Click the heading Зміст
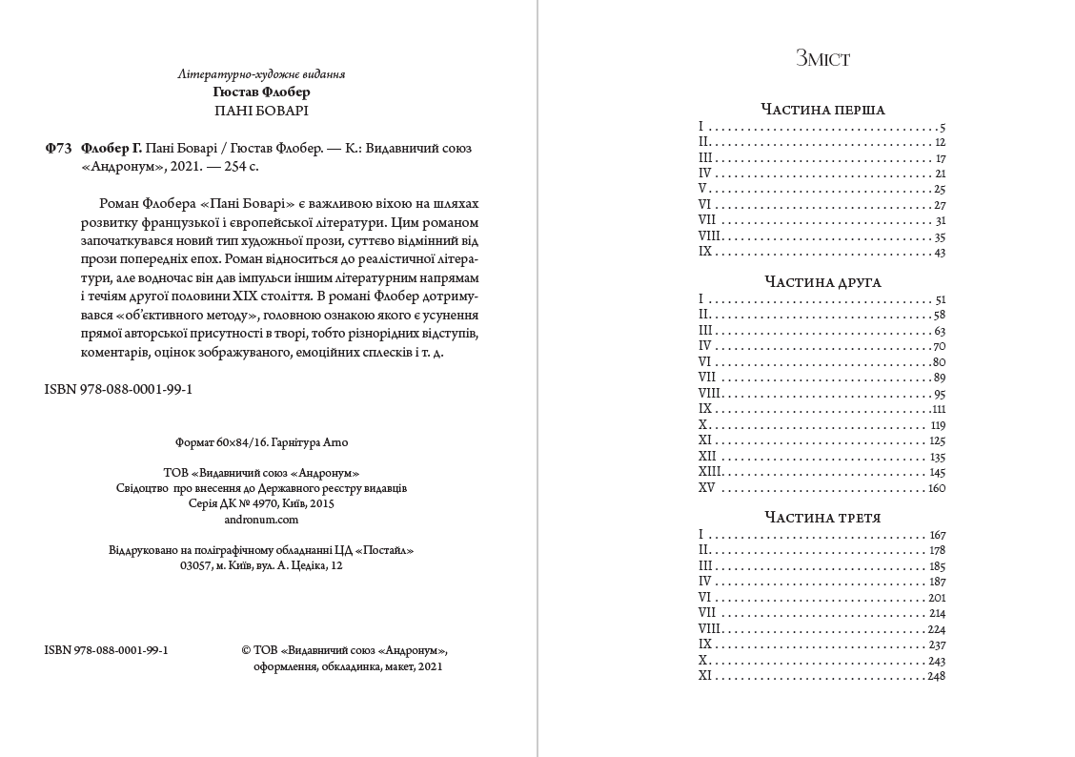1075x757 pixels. pyautogui.click(x=822, y=59)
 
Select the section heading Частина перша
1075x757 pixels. pyautogui.click(x=822, y=110)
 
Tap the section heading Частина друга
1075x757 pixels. pyautogui.click(x=822, y=282)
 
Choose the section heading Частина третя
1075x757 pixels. pyautogui.click(x=822, y=518)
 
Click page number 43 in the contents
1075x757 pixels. pyautogui.click(x=940, y=252)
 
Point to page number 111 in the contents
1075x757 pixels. pyautogui.click(x=939, y=409)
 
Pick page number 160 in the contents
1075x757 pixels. pyautogui.click(x=936, y=488)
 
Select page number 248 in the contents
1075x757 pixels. pyautogui.click(x=936, y=676)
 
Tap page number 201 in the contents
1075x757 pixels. pyautogui.click(x=936, y=598)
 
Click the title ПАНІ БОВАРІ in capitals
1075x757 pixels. pyautogui.click(x=261, y=111)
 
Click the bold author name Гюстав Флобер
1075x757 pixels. pyautogui.click(x=261, y=92)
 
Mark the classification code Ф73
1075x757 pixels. pyautogui.click(x=58, y=148)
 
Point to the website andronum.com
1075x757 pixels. pyautogui.click(x=261, y=520)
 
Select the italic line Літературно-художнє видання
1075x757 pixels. pyautogui.click(x=261, y=73)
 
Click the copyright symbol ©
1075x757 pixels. pyautogui.click(x=246, y=649)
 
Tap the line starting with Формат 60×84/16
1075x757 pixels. pyautogui.click(x=261, y=442)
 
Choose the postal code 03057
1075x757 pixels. pyautogui.click(x=196, y=565)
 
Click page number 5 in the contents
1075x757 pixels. pyautogui.click(x=942, y=127)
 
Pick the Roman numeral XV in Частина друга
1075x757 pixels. pyautogui.click(x=706, y=488)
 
